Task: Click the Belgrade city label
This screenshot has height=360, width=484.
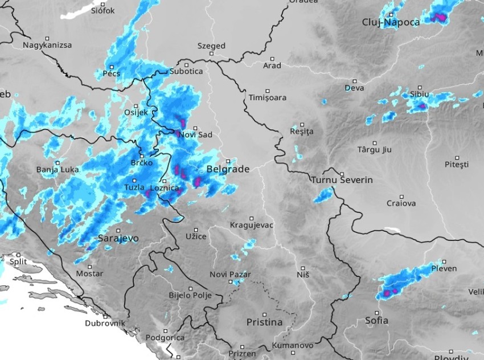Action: coord(228,170)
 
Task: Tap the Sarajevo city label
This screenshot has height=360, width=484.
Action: coord(118,239)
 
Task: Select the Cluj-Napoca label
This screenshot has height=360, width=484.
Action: coord(391,22)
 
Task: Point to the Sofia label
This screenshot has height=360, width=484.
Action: coord(376,321)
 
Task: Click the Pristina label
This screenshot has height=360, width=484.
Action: coord(264,322)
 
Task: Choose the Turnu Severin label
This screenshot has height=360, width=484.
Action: coord(342,180)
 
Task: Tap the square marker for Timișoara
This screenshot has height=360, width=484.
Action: coord(267,90)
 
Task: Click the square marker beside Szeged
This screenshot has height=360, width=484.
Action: coord(211,54)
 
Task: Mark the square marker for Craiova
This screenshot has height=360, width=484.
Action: coord(401,195)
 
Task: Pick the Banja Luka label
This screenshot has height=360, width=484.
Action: coord(58,170)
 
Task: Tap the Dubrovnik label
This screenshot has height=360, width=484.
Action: coord(105,323)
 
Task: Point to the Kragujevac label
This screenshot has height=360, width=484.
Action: coord(251,225)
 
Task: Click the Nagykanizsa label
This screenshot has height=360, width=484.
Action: coord(47,45)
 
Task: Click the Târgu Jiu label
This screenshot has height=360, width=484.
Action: coord(374,150)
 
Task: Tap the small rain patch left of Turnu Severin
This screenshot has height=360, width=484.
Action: coord(323,196)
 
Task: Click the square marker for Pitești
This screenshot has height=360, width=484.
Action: coord(457,157)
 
